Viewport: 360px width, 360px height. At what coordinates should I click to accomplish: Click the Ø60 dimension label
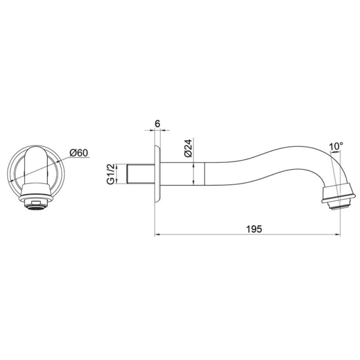coord(79,153)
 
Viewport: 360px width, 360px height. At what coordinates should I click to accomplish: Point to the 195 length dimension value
coord(254,229)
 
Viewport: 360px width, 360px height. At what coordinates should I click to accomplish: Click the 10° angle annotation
coord(336,146)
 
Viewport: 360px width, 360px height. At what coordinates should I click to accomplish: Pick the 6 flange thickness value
coord(158,123)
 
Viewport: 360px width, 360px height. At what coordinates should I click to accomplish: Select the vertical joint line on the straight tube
coord(204,173)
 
